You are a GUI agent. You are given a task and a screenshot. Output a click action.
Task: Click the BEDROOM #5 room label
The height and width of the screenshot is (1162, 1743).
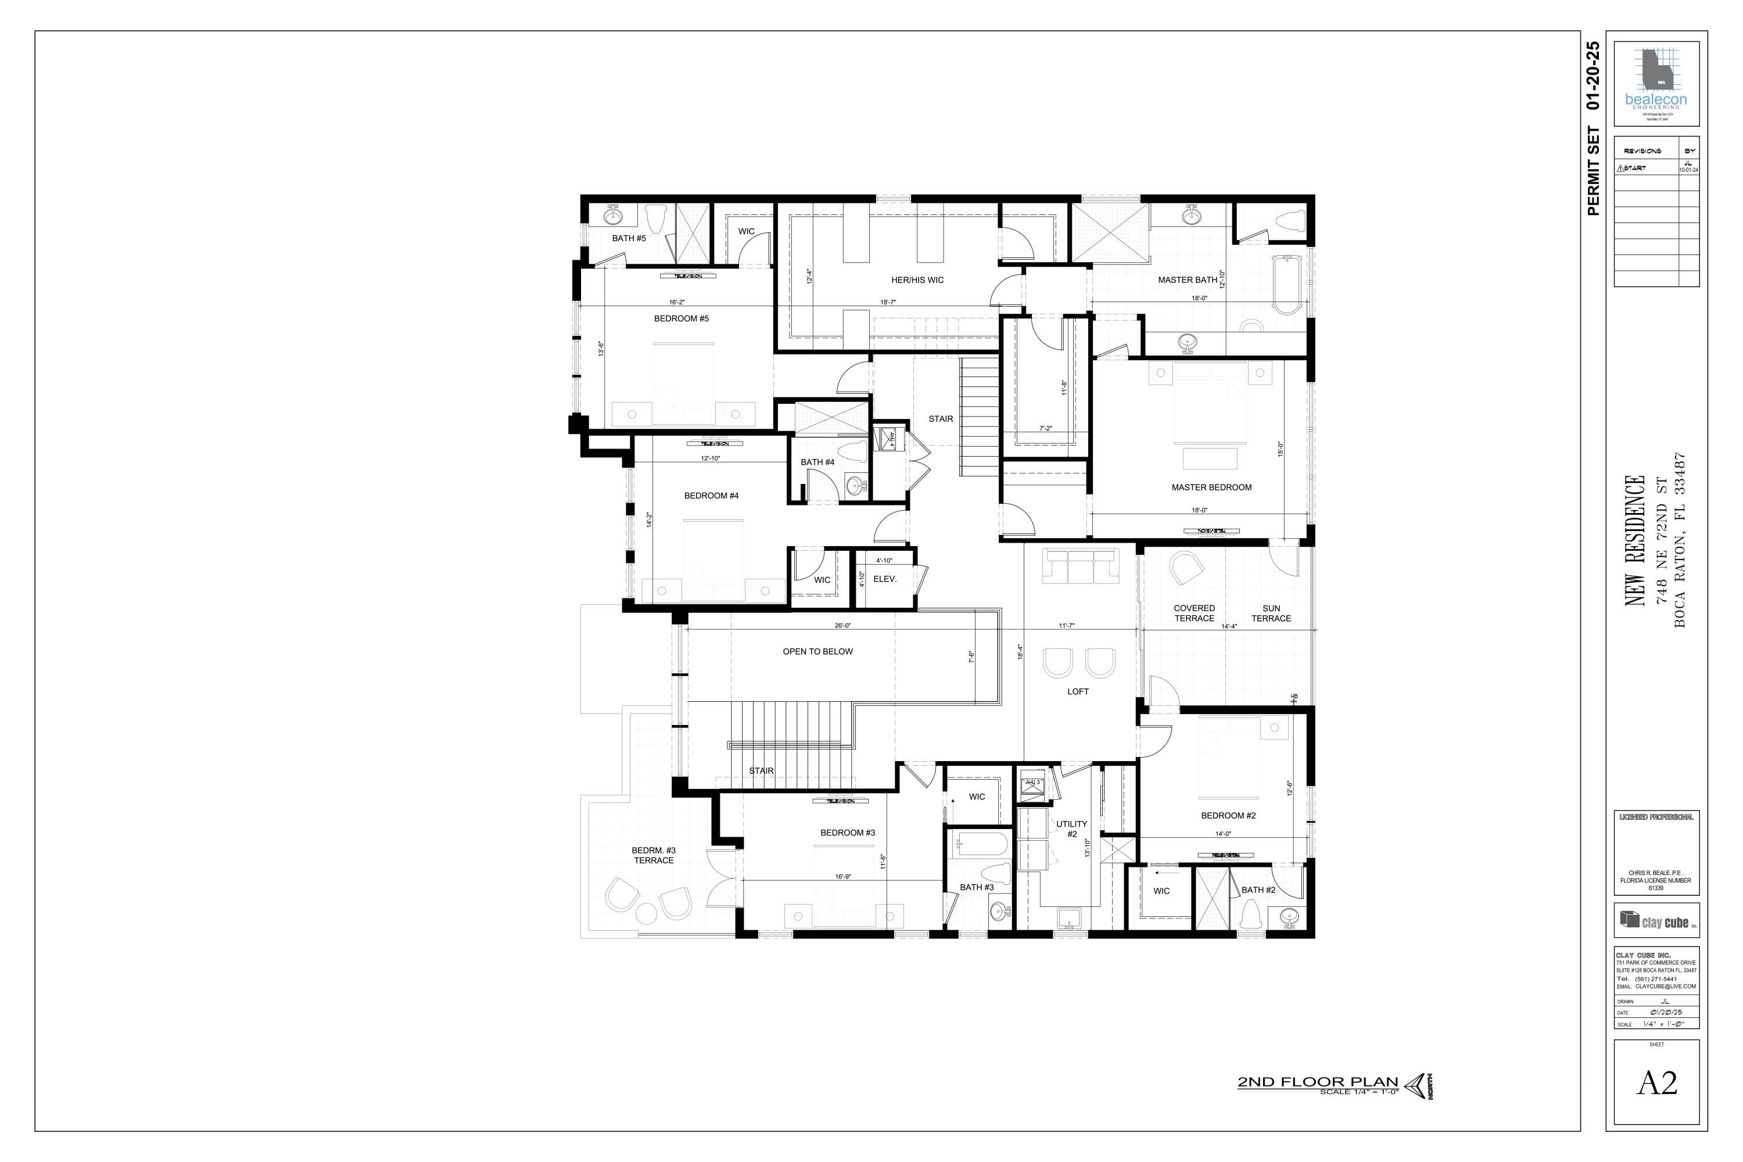[x=681, y=318]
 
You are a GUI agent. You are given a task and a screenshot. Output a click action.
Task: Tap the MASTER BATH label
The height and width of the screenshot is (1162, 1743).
[x=1187, y=280]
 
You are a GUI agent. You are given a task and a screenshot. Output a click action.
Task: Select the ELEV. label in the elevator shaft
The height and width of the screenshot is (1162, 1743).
[x=885, y=579]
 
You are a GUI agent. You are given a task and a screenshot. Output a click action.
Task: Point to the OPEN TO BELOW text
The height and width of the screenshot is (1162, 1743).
[x=817, y=652]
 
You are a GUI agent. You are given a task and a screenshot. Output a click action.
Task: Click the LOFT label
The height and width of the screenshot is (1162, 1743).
[x=1078, y=691]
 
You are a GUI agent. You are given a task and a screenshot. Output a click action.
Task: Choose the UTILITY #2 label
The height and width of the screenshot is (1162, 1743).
[x=1071, y=829]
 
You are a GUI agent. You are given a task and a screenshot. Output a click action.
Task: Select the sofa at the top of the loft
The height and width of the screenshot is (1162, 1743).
[x=1079, y=565]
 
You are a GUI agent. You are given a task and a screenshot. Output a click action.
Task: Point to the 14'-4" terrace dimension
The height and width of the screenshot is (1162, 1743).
[x=1229, y=626]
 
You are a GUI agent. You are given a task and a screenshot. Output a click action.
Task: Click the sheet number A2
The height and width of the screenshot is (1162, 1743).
[x=1656, y=1084]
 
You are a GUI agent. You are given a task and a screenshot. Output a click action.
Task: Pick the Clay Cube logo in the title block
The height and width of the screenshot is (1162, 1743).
[x=1656, y=920]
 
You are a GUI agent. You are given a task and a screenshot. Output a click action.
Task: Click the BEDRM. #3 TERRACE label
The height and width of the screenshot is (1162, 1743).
[x=654, y=855]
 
